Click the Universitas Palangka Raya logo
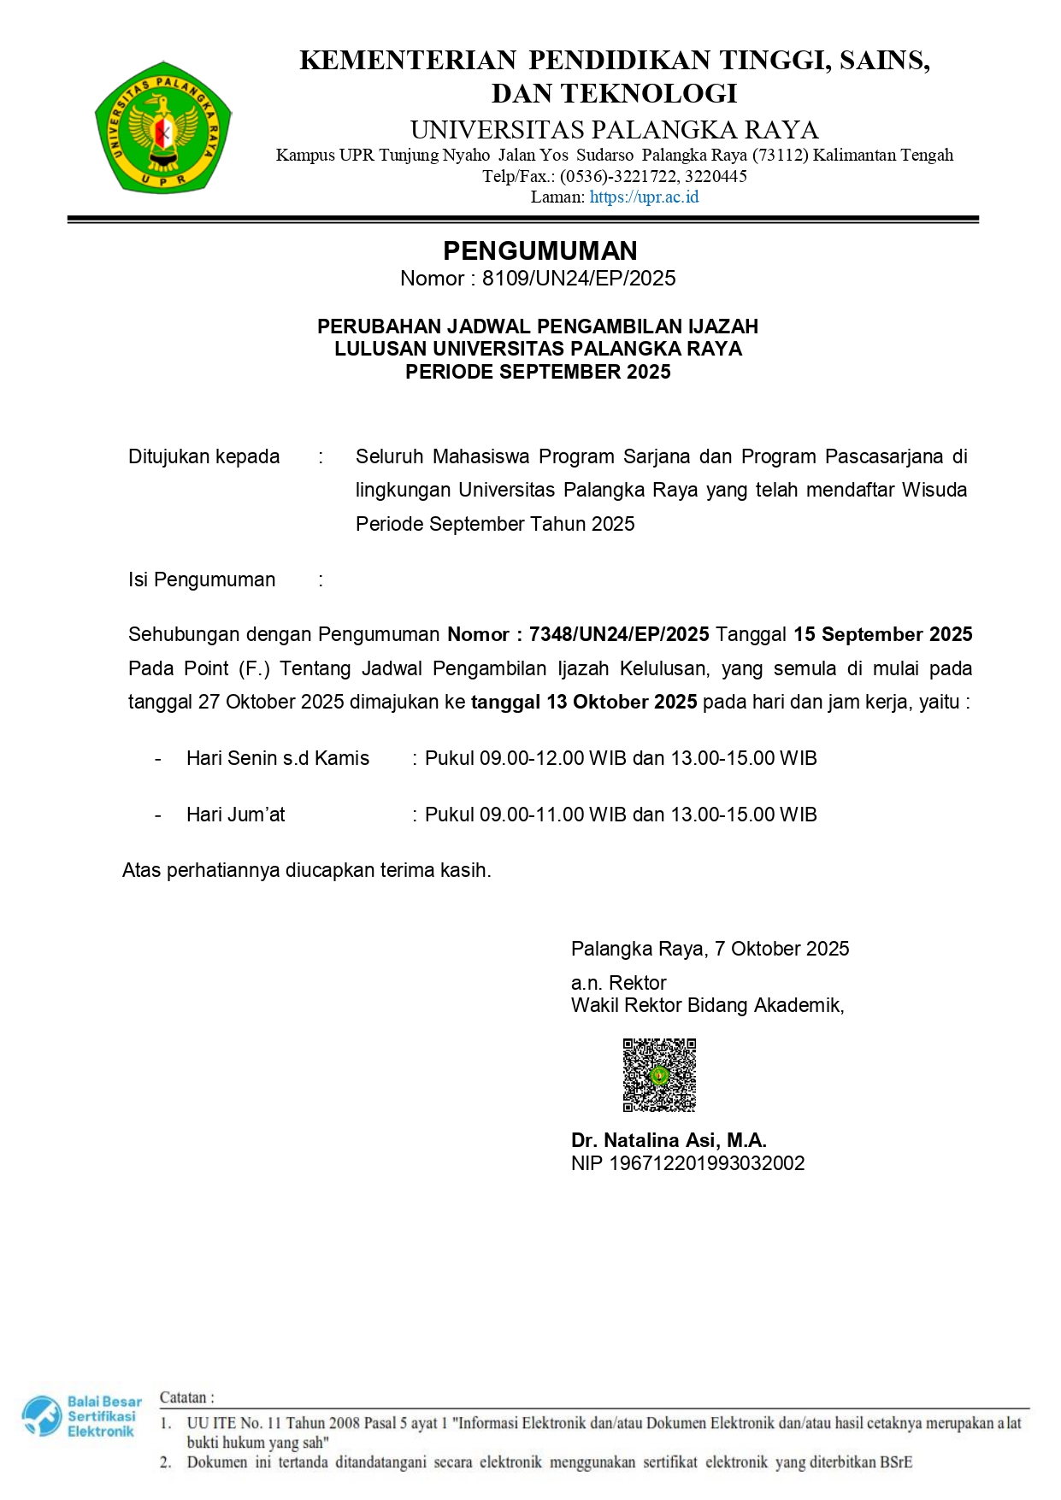click(x=162, y=127)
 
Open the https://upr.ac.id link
click(x=644, y=197)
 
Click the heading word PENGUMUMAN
click(x=539, y=250)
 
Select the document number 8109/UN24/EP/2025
click(x=579, y=279)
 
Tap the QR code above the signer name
click(x=659, y=1074)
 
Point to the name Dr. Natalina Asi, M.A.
click(x=669, y=1140)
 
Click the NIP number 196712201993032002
click(x=706, y=1163)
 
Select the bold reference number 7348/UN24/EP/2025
click(x=619, y=634)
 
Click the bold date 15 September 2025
click(x=882, y=634)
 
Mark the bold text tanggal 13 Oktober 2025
click(x=584, y=702)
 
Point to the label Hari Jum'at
click(x=236, y=815)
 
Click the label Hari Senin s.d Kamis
click(x=278, y=758)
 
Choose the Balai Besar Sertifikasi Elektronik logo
click(x=81, y=1416)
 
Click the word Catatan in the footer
click(x=183, y=1397)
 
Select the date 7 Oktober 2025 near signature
click(x=781, y=949)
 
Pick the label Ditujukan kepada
click(x=203, y=456)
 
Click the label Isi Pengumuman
click(x=202, y=579)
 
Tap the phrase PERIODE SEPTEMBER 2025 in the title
click(x=538, y=372)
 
